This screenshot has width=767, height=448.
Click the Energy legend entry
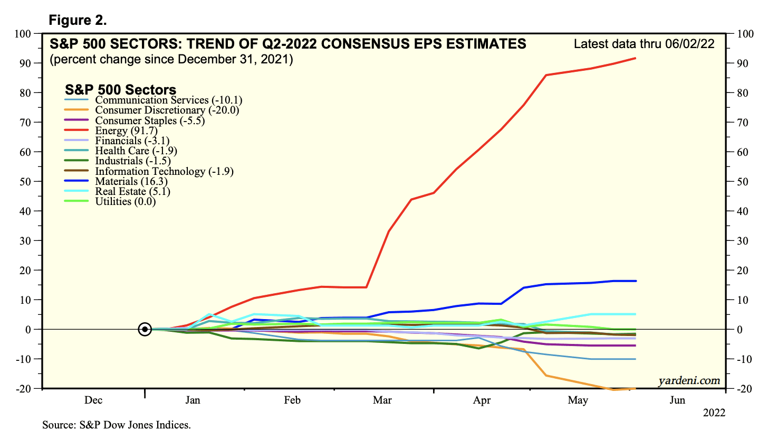pos(126,130)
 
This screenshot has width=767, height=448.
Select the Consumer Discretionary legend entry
pos(167,110)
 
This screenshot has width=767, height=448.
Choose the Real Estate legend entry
pos(132,191)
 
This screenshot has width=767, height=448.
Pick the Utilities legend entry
pos(125,201)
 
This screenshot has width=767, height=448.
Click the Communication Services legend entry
pos(168,100)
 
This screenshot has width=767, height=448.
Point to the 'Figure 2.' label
pos(78,21)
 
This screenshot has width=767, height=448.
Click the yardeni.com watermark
pos(689,380)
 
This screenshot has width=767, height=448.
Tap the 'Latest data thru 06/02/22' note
pos(644,44)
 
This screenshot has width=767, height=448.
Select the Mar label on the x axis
pos(382,400)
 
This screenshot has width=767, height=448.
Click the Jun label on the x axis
pos(677,400)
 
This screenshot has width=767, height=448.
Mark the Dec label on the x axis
pos(93,400)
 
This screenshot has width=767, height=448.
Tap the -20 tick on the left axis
pos(24,389)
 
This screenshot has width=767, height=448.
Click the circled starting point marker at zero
pos(145,329)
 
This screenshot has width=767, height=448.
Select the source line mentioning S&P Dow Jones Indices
pos(117,425)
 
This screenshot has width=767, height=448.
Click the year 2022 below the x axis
pos(714,413)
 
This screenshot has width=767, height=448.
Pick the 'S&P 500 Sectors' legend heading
pos(120,90)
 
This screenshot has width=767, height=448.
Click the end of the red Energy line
pos(636,58)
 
